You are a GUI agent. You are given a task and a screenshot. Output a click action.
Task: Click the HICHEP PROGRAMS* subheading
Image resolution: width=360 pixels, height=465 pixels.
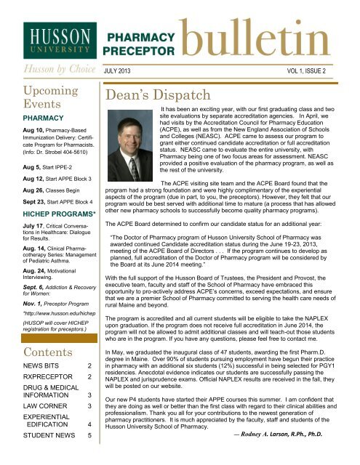(x=46, y=217)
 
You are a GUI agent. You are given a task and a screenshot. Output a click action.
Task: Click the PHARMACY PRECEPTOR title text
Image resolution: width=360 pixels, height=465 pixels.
(x=141, y=44)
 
